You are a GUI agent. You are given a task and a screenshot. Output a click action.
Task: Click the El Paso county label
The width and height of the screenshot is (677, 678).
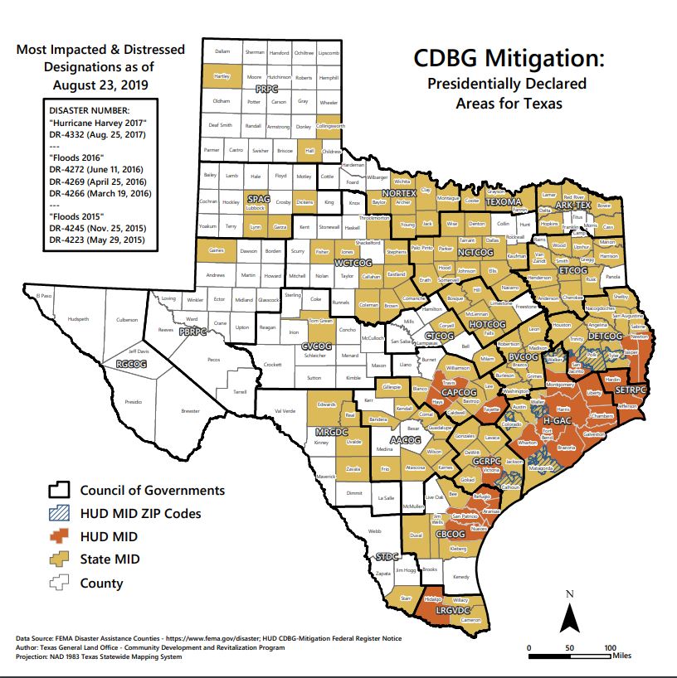(32, 295)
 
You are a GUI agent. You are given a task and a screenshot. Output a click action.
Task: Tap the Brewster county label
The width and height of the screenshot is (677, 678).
(191, 411)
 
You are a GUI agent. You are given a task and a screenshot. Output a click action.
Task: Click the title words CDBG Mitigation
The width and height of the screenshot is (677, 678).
(509, 61)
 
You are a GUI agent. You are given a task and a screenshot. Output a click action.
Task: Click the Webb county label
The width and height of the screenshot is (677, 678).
(374, 531)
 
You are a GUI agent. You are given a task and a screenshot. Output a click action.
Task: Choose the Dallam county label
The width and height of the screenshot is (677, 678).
(222, 51)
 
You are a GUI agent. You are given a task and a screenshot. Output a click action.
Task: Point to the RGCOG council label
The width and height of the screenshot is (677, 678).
(131, 364)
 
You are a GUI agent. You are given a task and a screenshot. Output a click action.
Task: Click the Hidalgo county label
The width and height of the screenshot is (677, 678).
(431, 598)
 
